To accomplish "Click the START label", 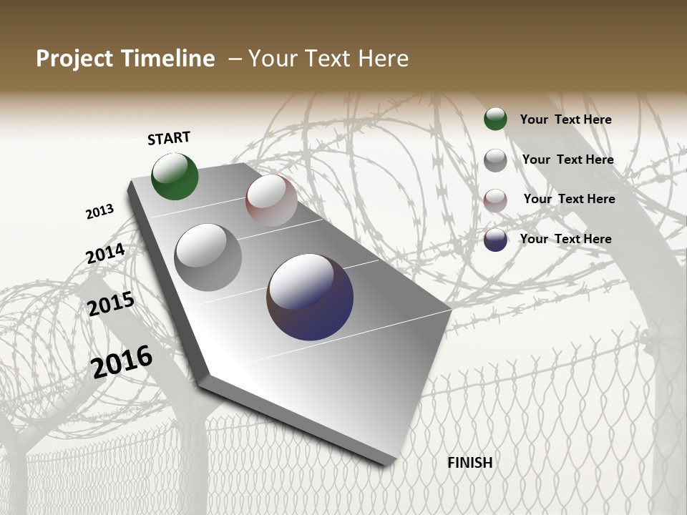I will point(170,138).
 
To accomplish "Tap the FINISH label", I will point(470,463).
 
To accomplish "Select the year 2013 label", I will point(100,212).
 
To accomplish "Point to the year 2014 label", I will point(106,253).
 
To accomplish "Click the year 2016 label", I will point(122,362).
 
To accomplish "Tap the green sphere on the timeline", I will point(175,177).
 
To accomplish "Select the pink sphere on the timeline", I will point(271,200).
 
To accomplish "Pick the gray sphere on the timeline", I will point(208,257).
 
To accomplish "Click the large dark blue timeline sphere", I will point(310,297).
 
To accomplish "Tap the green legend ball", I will point(495,119).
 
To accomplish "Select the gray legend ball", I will point(495,160).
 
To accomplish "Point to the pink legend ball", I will point(495,200).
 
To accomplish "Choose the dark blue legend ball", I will point(495,240).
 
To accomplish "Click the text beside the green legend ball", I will point(565,119).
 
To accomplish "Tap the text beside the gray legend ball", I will point(567,160).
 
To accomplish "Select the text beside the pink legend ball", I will point(569,199).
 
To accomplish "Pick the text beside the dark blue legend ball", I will point(565,239).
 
